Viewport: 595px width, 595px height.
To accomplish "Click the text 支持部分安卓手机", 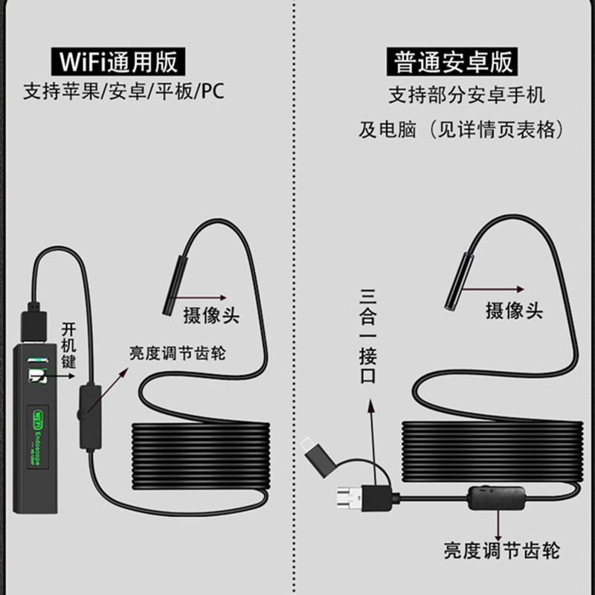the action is [466, 95].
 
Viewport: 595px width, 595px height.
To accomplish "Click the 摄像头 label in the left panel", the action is [211, 315].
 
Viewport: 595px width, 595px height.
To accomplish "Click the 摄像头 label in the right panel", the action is [514, 310].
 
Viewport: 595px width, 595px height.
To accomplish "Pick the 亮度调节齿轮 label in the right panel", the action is [501, 550].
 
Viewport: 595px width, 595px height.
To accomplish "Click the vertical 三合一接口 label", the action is [367, 335].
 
